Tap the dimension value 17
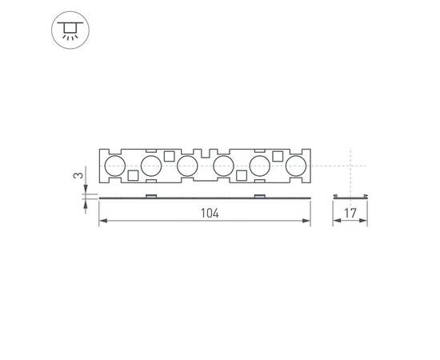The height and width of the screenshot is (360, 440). tap(350, 214)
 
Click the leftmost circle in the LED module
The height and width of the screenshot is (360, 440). tap(114, 166)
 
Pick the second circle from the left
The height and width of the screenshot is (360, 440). tap(150, 166)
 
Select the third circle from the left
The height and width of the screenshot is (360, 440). tap(186, 166)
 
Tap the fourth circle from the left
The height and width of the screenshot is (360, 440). tap(223, 166)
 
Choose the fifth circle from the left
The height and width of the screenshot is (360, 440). tap(260, 166)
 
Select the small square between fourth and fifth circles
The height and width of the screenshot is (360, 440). tap(241, 175)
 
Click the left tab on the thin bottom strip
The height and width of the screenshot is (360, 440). tap(150, 195)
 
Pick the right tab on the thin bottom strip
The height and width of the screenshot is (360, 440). tap(259, 195)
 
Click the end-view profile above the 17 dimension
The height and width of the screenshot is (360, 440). tap(350, 196)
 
